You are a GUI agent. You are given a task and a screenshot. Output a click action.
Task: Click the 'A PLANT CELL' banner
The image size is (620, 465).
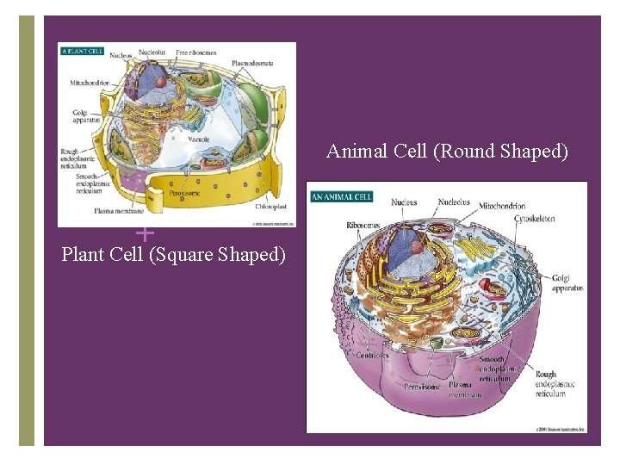[82, 51]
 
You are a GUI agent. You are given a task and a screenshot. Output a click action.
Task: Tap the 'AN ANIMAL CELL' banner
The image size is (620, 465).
[341, 196]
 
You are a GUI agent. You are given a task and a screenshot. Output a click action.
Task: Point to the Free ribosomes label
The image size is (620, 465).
[196, 53]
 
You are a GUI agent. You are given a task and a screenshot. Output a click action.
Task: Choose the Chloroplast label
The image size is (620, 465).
[270, 207]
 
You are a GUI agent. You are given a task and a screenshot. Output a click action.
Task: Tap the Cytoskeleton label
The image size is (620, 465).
[535, 219]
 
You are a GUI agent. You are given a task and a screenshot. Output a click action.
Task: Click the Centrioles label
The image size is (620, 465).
[372, 355]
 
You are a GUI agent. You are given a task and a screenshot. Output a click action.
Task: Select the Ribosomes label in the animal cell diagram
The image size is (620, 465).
[363, 225]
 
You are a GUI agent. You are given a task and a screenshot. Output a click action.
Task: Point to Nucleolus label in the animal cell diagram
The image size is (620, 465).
[454, 203]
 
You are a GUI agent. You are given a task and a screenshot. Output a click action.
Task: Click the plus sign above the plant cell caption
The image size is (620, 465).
[146, 232]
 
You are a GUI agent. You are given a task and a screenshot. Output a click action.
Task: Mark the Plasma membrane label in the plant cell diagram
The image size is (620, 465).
[119, 211]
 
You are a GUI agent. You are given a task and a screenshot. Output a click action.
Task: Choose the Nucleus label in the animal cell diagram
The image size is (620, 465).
[404, 203]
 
